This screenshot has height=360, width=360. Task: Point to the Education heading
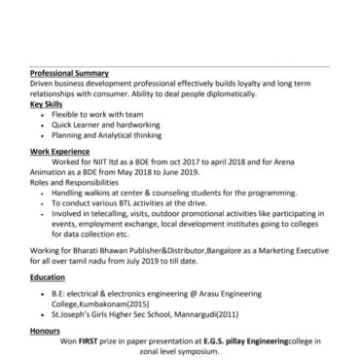click(48, 277)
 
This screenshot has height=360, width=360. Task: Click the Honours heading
click(45, 330)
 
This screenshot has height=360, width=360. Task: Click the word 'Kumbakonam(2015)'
click(111, 304)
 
